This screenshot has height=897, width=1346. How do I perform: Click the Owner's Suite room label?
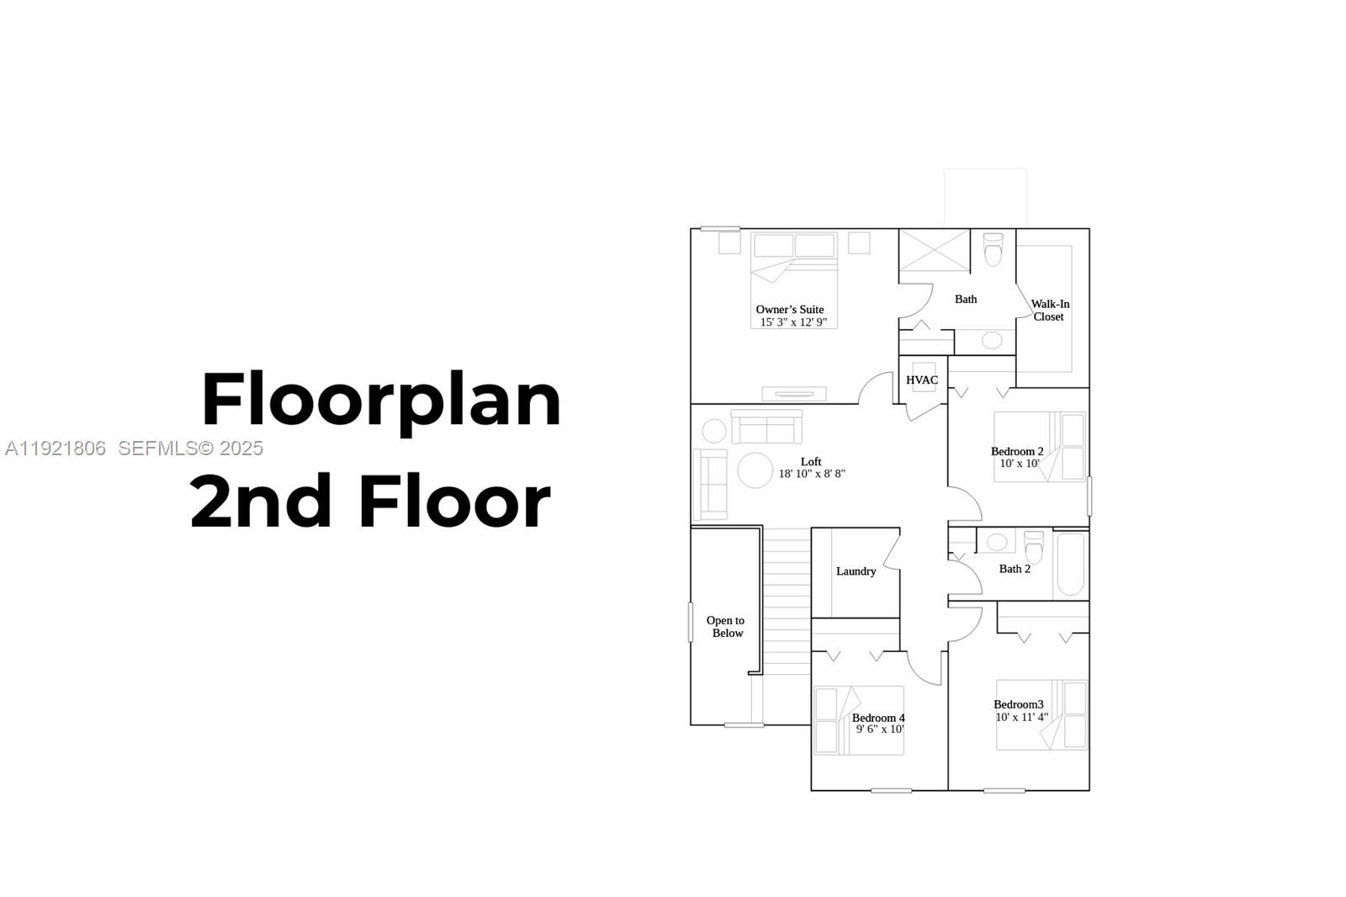click(789, 310)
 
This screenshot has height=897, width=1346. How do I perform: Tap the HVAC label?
click(922, 380)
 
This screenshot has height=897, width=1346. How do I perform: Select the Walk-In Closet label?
click(1049, 310)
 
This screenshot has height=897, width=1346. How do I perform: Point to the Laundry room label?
click(856, 571)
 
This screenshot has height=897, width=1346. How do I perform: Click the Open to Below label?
click(726, 627)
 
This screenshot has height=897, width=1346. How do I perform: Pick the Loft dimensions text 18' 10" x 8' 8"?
click(812, 474)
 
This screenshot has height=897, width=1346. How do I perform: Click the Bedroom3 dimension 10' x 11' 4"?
click(1021, 718)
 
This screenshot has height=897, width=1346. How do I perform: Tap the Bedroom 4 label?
click(878, 718)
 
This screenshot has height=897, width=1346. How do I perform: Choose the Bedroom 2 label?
click(1017, 452)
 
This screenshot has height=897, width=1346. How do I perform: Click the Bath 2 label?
click(1015, 569)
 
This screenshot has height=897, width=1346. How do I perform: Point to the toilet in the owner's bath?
click(994, 249)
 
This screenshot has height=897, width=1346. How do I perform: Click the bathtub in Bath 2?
click(1070, 565)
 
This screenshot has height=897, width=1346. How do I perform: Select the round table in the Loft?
click(755, 470)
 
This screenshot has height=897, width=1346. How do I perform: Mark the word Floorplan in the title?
click(381, 401)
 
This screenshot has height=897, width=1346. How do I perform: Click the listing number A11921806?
click(56, 448)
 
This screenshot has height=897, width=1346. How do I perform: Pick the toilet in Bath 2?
click(1034, 547)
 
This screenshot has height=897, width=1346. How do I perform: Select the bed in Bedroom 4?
click(857, 720)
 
